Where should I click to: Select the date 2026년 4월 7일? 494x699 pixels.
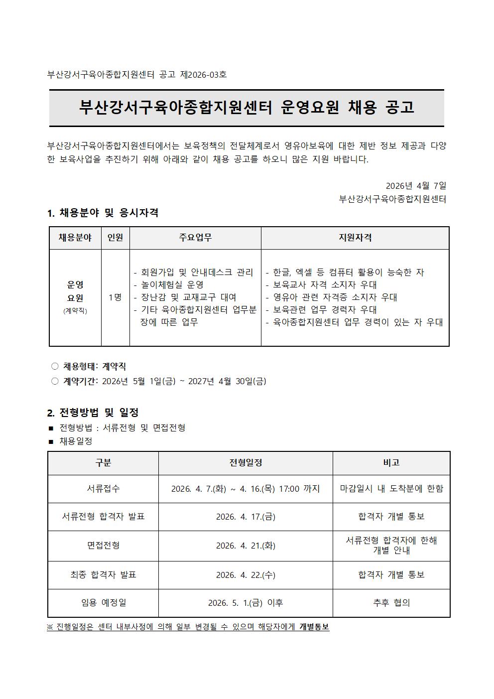pos(416,186)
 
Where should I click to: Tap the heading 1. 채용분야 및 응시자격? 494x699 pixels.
pos(103,213)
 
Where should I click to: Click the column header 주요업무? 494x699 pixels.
pos(195,238)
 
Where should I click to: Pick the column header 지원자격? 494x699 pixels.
pos(355,238)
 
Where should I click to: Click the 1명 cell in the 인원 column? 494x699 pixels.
pos(115,297)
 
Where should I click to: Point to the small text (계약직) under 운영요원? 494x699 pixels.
pos(75,311)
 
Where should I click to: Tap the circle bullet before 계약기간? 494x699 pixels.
pos(55,381)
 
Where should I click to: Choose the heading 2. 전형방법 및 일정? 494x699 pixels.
pos(93,413)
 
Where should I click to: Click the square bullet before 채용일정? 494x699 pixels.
pos(51,442)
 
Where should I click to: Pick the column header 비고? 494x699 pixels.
pos(391,463)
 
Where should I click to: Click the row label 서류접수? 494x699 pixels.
pos(103,489)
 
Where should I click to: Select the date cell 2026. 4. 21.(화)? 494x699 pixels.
pos(246,546)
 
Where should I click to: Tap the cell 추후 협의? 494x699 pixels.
pos(391,603)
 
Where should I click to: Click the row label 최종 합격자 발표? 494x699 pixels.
pos(103,575)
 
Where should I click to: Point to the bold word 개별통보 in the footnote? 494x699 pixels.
pos(314,627)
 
